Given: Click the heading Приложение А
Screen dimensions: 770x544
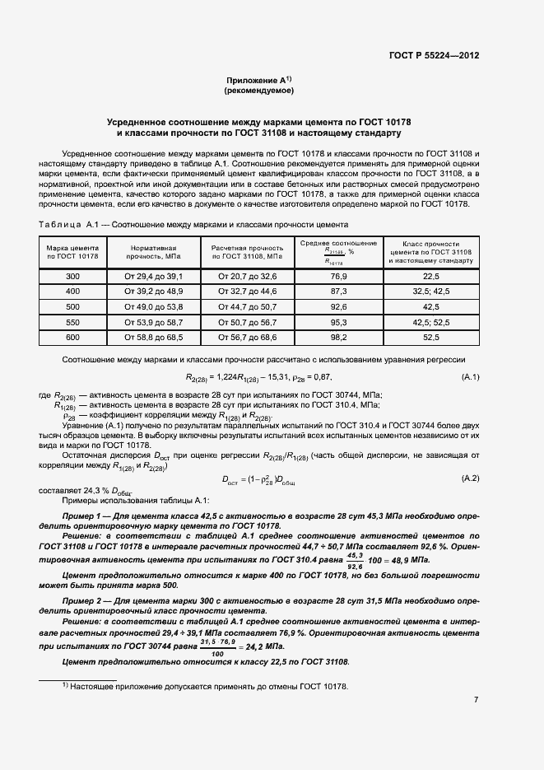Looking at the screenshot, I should click(258, 80).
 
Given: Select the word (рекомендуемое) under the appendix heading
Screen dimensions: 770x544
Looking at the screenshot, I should click(258, 91).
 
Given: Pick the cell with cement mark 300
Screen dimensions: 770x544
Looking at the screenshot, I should click(72, 277).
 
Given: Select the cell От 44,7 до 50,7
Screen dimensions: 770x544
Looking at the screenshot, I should click(247, 306).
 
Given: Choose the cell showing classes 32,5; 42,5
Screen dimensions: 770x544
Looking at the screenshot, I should click(431, 292).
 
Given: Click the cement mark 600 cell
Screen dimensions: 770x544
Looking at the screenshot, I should click(72, 337).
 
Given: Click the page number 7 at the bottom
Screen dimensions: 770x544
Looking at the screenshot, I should click(476, 700).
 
